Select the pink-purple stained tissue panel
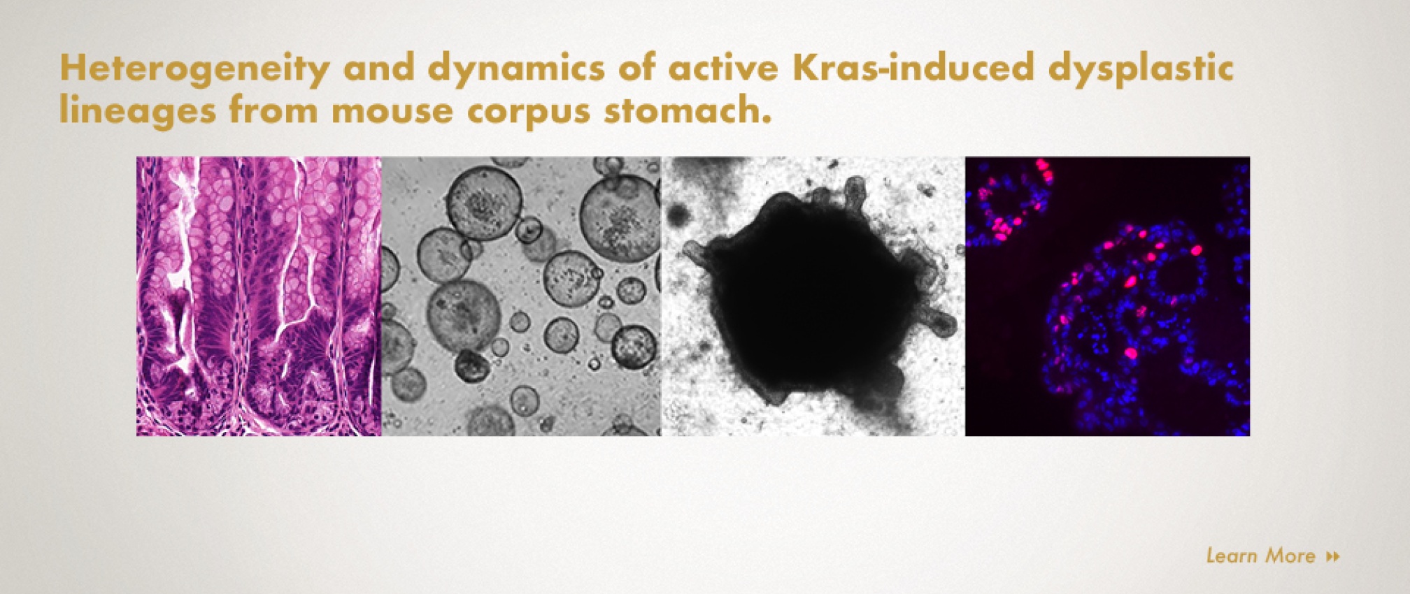(x=259, y=296)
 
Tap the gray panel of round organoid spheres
(x=521, y=296)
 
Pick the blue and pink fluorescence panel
(x=1107, y=296)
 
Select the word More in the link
(x=1291, y=556)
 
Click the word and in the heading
(x=378, y=68)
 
